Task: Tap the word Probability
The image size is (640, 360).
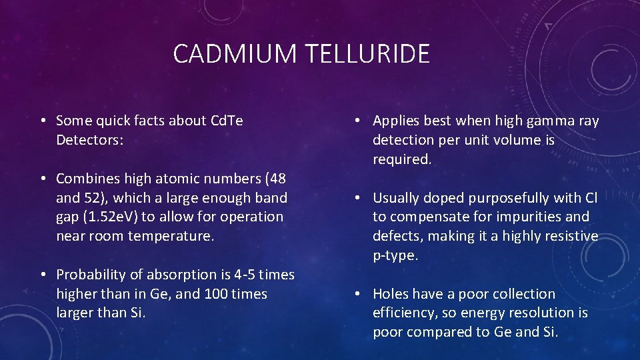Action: [x=91, y=275]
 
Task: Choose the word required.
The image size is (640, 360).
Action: [x=402, y=159]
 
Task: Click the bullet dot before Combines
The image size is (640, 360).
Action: [x=42, y=179]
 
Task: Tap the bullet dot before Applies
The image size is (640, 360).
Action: [x=359, y=121]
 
